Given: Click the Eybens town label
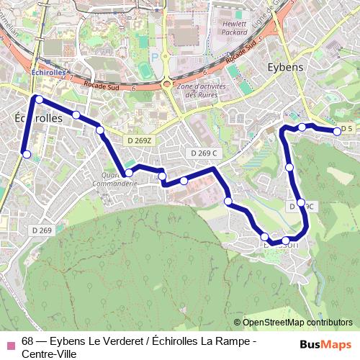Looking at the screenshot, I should (286, 66).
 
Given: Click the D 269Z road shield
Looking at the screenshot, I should (137, 140).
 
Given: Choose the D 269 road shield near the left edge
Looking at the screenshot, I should (42, 230).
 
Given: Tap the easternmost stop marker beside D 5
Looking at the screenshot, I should (337, 131).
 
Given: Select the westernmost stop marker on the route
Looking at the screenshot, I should (27, 154).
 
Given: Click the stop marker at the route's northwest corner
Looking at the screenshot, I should (40, 99).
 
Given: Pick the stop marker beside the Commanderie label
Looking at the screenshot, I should (129, 173).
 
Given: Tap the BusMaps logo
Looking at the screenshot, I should (325, 345).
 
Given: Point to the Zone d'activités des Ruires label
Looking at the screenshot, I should (202, 90).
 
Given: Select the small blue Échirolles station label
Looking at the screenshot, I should (48, 73).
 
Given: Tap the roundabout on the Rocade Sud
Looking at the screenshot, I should (167, 84).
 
